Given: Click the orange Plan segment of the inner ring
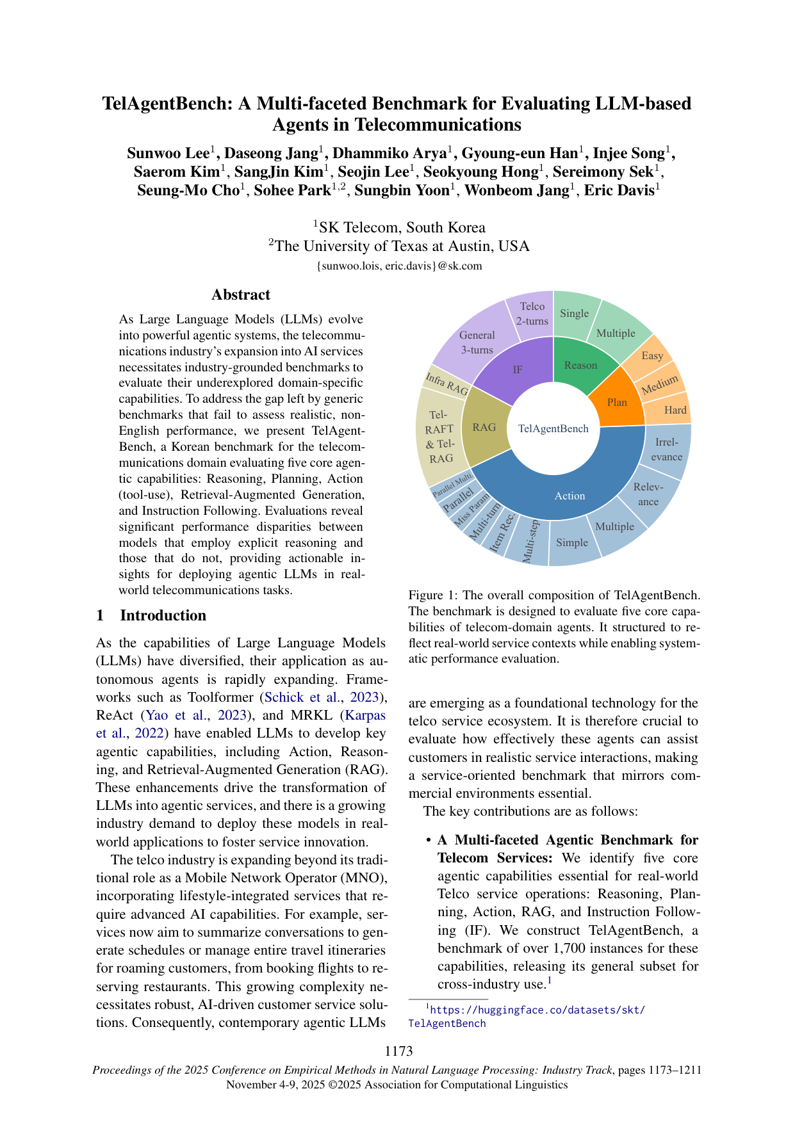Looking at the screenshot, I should click(617, 401).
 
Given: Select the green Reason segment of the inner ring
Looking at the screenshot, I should click(580, 365).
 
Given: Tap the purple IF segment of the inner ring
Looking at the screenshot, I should click(518, 369).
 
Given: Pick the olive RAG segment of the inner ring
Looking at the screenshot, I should click(484, 427).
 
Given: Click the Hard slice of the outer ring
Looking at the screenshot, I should click(675, 410).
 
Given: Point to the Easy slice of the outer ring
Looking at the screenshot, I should click(652, 355).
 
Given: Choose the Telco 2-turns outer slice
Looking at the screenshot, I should click(532, 314).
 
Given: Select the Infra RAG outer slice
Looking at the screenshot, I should click(447, 384).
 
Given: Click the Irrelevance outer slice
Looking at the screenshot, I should click(667, 449).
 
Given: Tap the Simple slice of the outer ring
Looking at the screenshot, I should click(572, 542).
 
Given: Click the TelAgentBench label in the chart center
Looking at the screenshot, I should click(553, 428).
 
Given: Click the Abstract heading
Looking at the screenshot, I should click(241, 295).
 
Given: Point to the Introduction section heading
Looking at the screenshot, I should click(163, 615).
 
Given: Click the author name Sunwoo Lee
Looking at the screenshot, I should click(168, 153).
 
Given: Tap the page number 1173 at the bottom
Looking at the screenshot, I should click(398, 1051).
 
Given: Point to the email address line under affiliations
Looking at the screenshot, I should click(399, 266).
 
